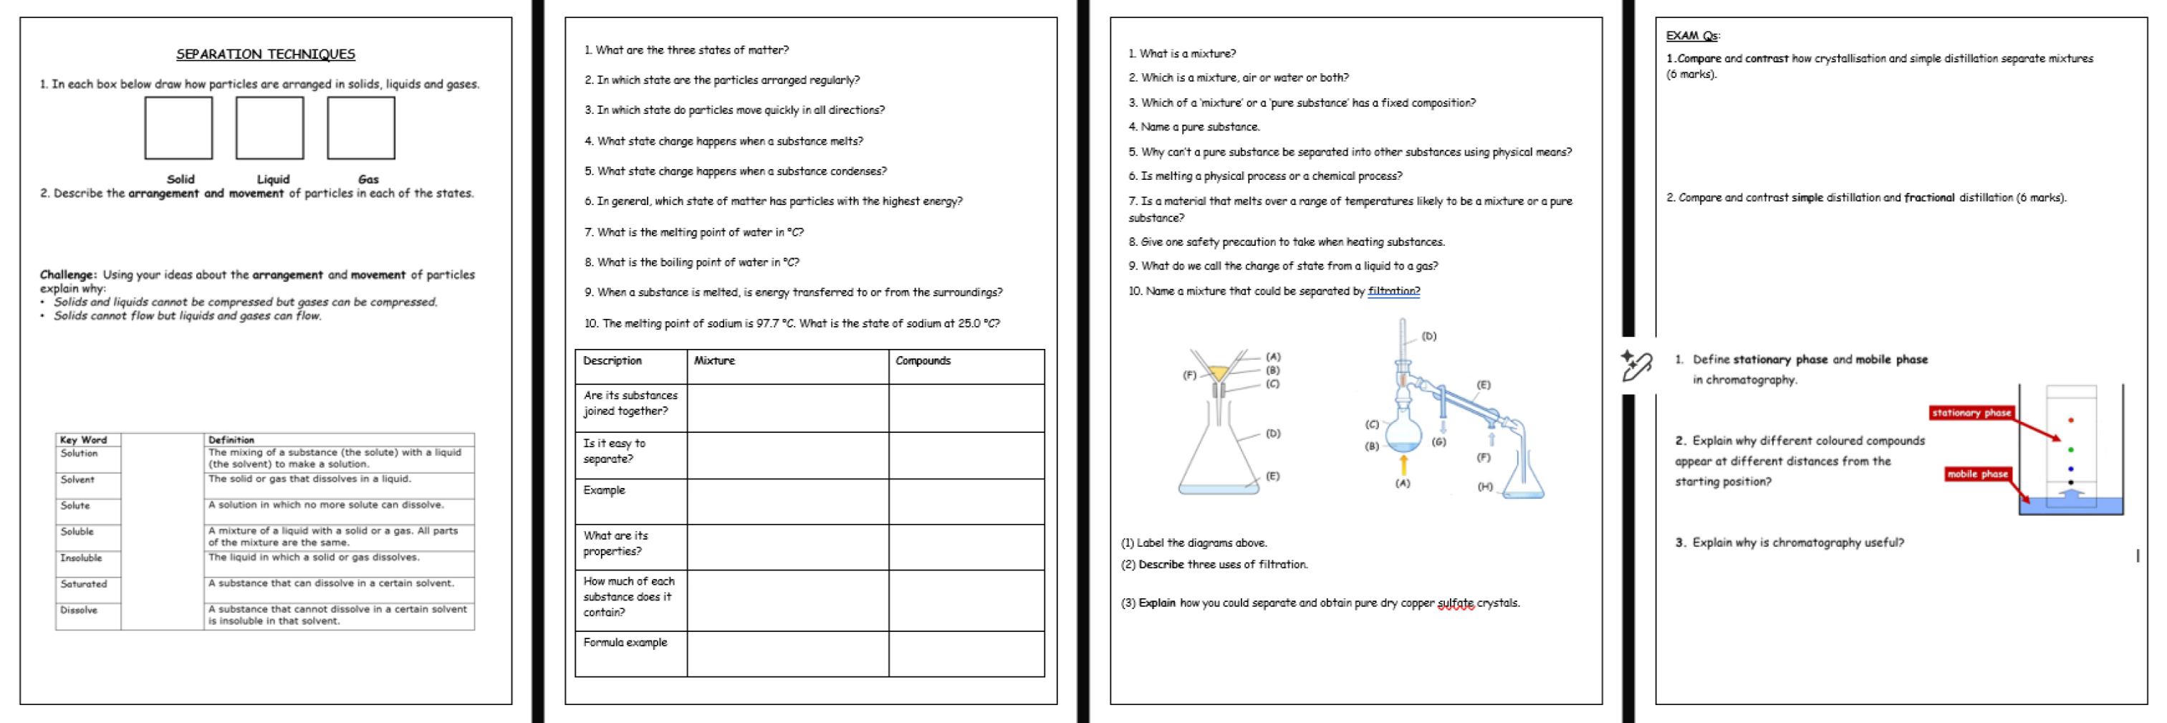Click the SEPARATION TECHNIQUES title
pyautogui.click(x=265, y=54)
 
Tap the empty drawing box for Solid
pyautogui.click(x=178, y=128)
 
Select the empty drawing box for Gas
pyautogui.click(x=361, y=128)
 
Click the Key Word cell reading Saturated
pyautogui.click(x=84, y=584)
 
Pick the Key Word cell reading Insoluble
pyautogui.click(x=81, y=558)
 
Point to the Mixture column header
pyautogui.click(x=714, y=361)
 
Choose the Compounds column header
pyautogui.click(x=923, y=361)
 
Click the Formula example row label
pyautogui.click(x=625, y=643)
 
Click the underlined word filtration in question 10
pyautogui.click(x=1393, y=291)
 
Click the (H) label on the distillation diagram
pyautogui.click(x=1485, y=487)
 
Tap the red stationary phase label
pyautogui.click(x=1971, y=413)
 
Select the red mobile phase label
pyautogui.click(x=1977, y=474)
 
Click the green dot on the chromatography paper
pyautogui.click(x=2070, y=450)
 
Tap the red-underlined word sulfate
pyautogui.click(x=1456, y=603)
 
